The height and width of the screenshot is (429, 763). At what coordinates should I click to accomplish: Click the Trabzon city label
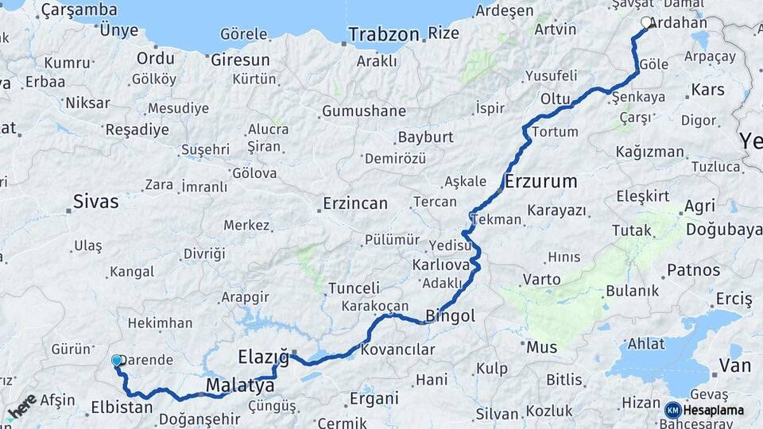[384, 35]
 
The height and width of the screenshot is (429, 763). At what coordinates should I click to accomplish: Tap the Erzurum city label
[541, 181]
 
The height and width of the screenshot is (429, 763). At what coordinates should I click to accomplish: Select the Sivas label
[95, 201]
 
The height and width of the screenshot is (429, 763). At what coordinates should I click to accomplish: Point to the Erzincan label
[355, 204]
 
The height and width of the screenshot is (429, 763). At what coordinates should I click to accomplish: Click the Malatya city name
[240, 386]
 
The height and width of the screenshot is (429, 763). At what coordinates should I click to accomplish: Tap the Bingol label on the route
[451, 316]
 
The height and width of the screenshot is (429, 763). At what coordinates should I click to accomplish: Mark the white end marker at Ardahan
[646, 22]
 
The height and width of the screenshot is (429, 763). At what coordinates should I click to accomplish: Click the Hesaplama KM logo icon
[673, 410]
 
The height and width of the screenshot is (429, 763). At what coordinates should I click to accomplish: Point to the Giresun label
[240, 60]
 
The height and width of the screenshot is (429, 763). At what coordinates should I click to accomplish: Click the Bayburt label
[425, 137]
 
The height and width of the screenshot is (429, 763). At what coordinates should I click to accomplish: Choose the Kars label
[707, 90]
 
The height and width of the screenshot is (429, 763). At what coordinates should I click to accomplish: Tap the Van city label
[734, 366]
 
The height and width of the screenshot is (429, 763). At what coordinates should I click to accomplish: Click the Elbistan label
[122, 408]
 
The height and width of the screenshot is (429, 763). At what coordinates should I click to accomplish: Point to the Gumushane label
[363, 111]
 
